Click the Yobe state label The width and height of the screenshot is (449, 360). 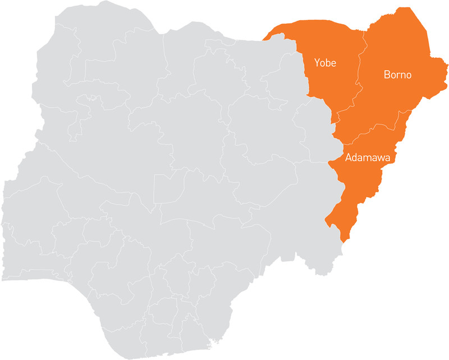325,63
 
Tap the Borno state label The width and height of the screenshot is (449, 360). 397,74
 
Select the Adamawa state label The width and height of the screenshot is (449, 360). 368,157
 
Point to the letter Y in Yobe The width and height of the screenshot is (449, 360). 318,63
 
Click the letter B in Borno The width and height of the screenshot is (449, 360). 387,74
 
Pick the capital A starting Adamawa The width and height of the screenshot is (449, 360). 349,157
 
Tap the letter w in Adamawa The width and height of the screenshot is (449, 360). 381,158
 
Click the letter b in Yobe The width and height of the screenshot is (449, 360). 328,63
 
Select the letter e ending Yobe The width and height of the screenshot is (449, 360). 333,63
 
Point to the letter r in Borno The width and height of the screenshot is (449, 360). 398,75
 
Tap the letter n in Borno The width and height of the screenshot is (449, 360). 402,75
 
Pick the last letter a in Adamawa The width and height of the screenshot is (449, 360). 387,158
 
